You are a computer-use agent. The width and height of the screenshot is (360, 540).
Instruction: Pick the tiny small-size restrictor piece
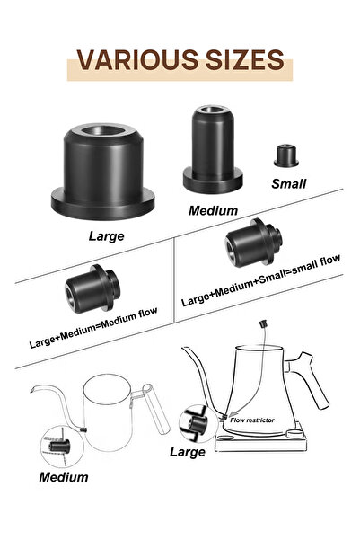click(x=286, y=154)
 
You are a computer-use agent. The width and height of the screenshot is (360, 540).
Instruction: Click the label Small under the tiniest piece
click(x=288, y=183)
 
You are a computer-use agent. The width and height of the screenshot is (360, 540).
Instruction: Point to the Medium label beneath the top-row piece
click(x=213, y=210)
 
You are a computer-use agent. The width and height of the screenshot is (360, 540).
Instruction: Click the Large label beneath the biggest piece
click(x=106, y=237)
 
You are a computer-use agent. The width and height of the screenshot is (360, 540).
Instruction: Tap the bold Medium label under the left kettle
click(x=63, y=476)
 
